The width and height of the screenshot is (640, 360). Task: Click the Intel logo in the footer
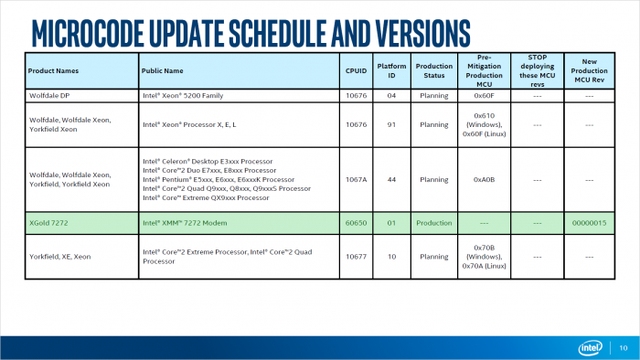point(591,347)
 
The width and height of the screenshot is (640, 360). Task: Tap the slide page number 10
point(624,347)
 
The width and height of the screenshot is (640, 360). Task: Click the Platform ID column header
point(391,69)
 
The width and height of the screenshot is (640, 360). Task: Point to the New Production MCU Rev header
point(589,69)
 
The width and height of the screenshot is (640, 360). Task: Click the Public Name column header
point(163,69)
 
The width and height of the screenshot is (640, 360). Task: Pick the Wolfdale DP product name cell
point(53,93)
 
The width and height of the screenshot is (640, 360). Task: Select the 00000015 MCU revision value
point(589,222)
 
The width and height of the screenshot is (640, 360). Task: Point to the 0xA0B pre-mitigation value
point(484,179)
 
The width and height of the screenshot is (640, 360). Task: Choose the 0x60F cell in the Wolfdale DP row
point(484,93)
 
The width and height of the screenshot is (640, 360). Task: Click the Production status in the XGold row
point(434,222)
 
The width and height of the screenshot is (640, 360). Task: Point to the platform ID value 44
point(391,179)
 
